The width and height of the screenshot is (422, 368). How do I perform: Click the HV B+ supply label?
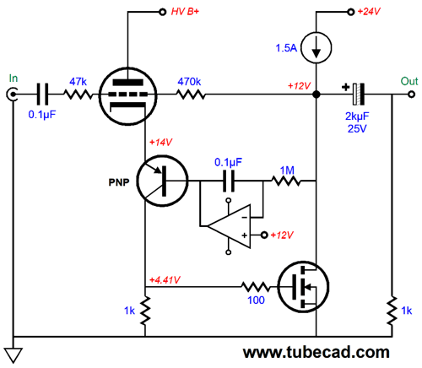tap(185, 12)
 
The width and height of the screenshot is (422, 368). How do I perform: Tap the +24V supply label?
tap(369, 12)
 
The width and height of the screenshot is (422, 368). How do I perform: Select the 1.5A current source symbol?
tap(316, 48)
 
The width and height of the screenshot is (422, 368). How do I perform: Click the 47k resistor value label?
tap(78, 82)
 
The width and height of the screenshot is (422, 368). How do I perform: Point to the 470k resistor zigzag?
tap(192, 95)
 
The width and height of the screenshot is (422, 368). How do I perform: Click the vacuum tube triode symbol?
tap(127, 96)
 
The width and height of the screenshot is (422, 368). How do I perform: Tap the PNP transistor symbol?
tap(162, 181)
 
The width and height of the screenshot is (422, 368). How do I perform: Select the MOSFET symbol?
tap(303, 287)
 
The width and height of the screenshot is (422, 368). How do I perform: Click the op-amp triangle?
tap(229, 226)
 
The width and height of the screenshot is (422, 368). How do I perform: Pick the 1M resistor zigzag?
tap(286, 181)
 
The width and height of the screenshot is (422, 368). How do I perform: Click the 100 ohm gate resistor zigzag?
tap(256, 287)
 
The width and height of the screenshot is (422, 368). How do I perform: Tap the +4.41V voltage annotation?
tap(165, 280)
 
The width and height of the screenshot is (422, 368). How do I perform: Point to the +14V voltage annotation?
tap(160, 143)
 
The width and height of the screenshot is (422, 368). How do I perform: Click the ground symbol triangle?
tap(14, 355)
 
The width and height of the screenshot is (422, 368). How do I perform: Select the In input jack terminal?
tap(13, 95)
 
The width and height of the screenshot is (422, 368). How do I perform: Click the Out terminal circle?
tap(412, 95)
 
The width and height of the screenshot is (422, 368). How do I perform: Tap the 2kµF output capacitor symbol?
tap(359, 94)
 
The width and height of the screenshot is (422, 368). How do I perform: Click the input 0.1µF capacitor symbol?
tap(43, 95)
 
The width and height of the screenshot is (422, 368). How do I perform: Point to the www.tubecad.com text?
tap(316, 352)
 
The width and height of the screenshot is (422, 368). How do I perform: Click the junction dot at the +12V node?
tap(316, 95)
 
